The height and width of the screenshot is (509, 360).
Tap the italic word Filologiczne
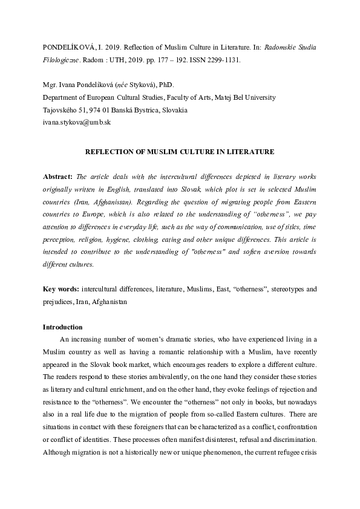61,60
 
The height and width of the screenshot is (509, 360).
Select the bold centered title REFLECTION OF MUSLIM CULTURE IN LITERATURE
180,152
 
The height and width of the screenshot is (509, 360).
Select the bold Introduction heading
62,327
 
